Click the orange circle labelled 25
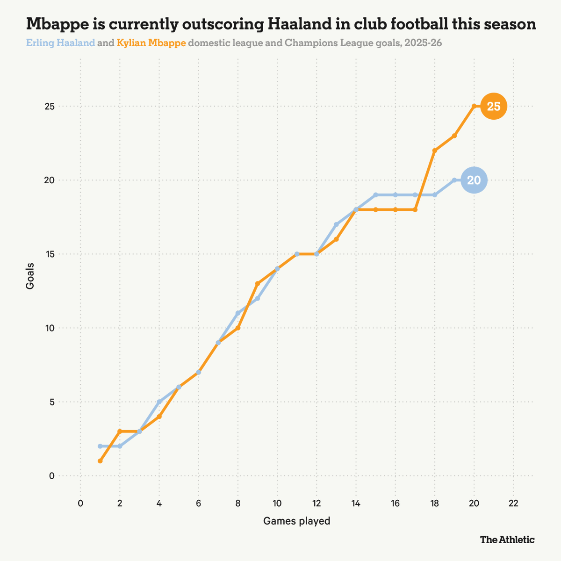coord(494,107)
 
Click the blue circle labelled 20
coord(474,180)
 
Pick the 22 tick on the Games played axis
coord(513,503)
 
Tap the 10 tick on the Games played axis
coord(277,503)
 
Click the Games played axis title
coord(297,521)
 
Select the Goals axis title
coord(30,276)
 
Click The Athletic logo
coord(507,539)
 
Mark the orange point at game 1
coord(100,461)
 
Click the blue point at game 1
coord(100,446)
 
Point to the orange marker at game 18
coord(435,151)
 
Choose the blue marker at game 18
coord(435,195)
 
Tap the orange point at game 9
coord(258,284)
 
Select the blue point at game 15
coord(376,195)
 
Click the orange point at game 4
coord(159,417)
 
